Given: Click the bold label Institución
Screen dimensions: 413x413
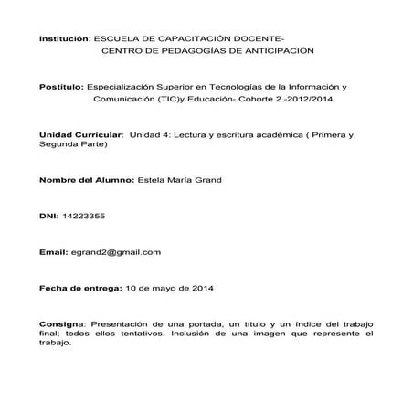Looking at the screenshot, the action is click(63, 40).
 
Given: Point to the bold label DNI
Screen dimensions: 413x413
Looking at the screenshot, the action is click(48, 216).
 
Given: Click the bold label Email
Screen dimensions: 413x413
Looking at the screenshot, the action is click(53, 251).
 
